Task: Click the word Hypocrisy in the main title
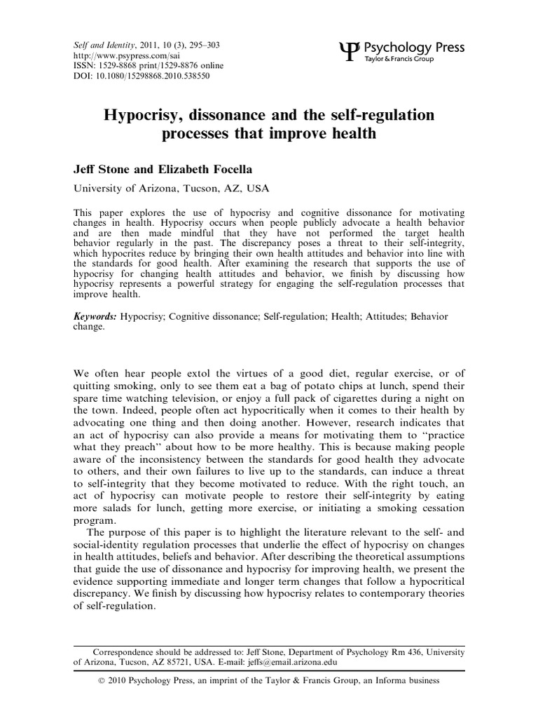[140, 114]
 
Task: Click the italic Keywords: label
[96, 317]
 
